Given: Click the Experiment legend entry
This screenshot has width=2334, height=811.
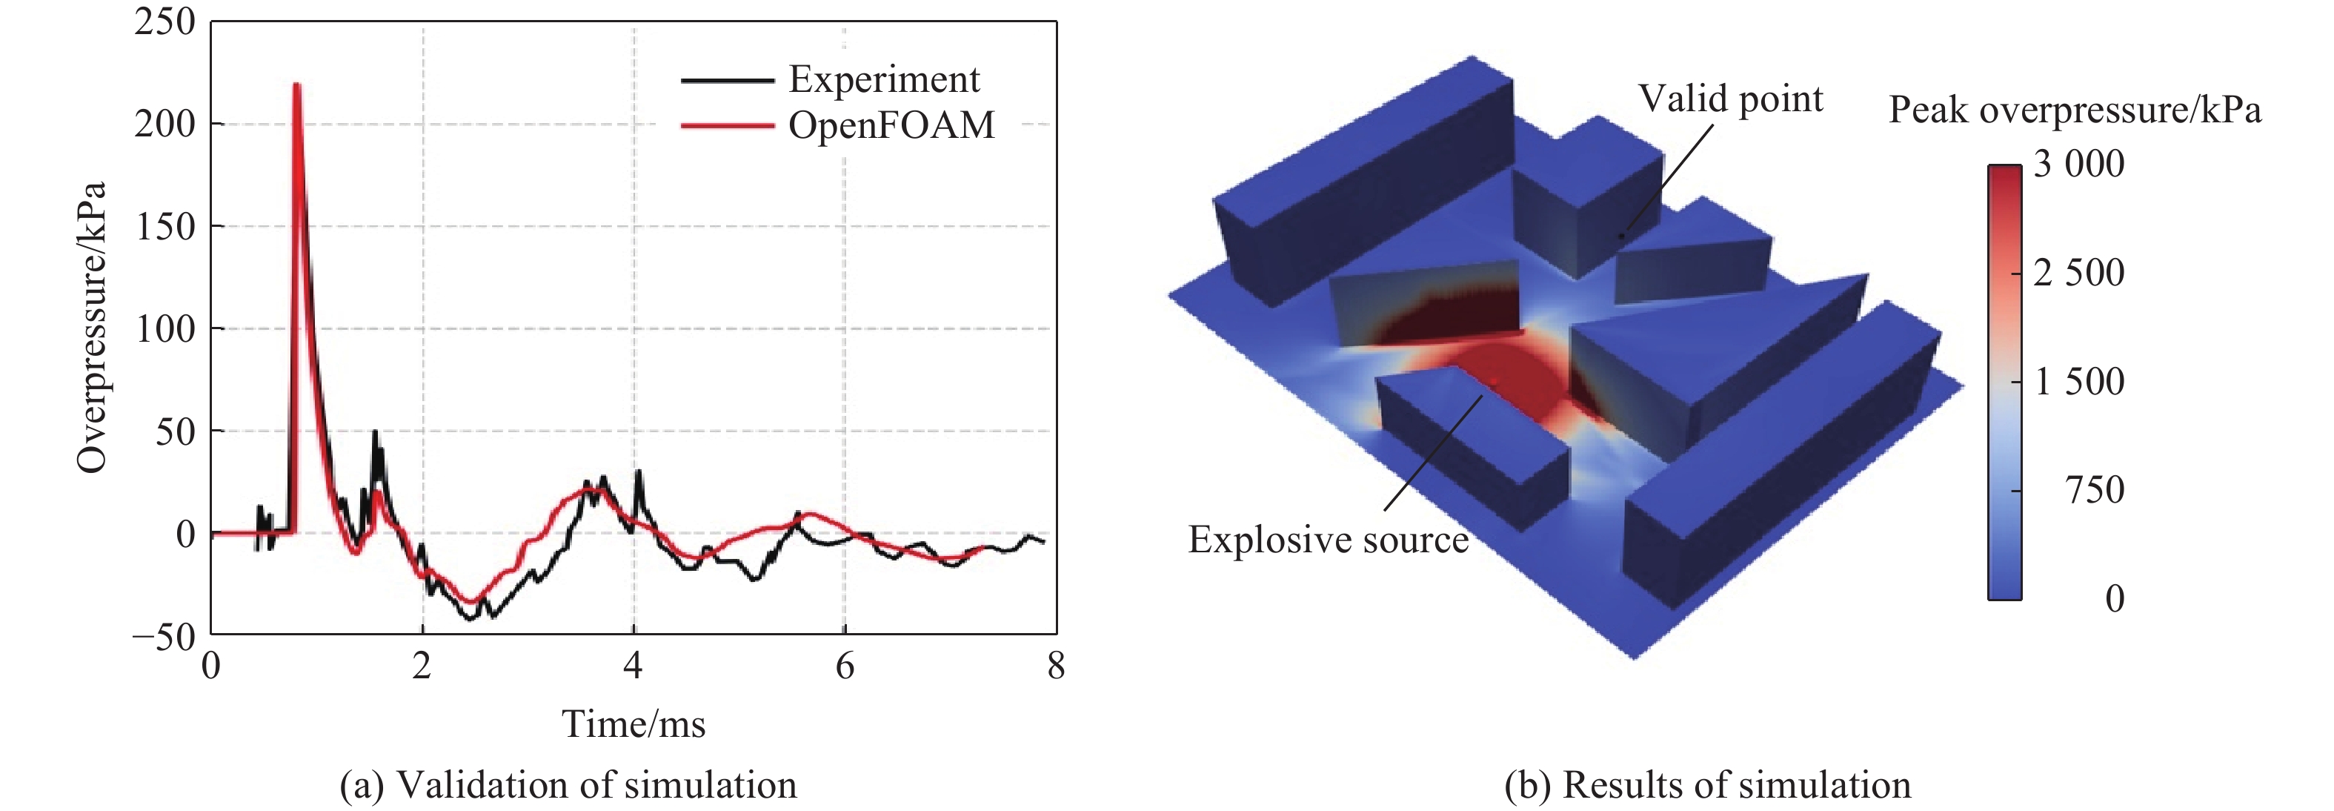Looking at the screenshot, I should pos(883,80).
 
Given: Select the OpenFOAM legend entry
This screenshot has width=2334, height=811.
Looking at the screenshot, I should pos(891,125).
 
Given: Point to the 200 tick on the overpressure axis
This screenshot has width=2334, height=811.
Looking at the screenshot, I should pos(165,124).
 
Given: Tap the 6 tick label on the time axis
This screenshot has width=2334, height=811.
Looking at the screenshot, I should pos(845,666).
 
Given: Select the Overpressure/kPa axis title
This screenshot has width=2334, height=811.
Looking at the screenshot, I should pos(92,327).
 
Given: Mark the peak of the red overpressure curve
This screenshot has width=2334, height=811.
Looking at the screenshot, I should pos(296,85).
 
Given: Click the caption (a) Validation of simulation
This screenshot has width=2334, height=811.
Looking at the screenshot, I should pos(568,785).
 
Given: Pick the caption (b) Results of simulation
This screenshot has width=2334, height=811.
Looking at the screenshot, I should pos(1707,785).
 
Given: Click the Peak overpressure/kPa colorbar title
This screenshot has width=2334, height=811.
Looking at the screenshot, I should pos(2074,110).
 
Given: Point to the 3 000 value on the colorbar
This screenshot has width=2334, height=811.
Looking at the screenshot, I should pos(2078,164).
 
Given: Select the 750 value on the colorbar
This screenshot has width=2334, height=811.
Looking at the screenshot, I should pos(2094,490).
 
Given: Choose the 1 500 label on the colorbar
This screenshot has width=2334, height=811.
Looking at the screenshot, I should pos(2078,382).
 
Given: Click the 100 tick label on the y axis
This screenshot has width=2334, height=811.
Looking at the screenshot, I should pos(165,329).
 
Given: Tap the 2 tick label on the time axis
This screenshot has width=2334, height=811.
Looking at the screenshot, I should pos(422,666).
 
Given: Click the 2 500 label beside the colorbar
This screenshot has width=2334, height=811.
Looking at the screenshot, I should pos(2078,273).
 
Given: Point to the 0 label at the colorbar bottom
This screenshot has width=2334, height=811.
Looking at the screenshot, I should pos(2114,598).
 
